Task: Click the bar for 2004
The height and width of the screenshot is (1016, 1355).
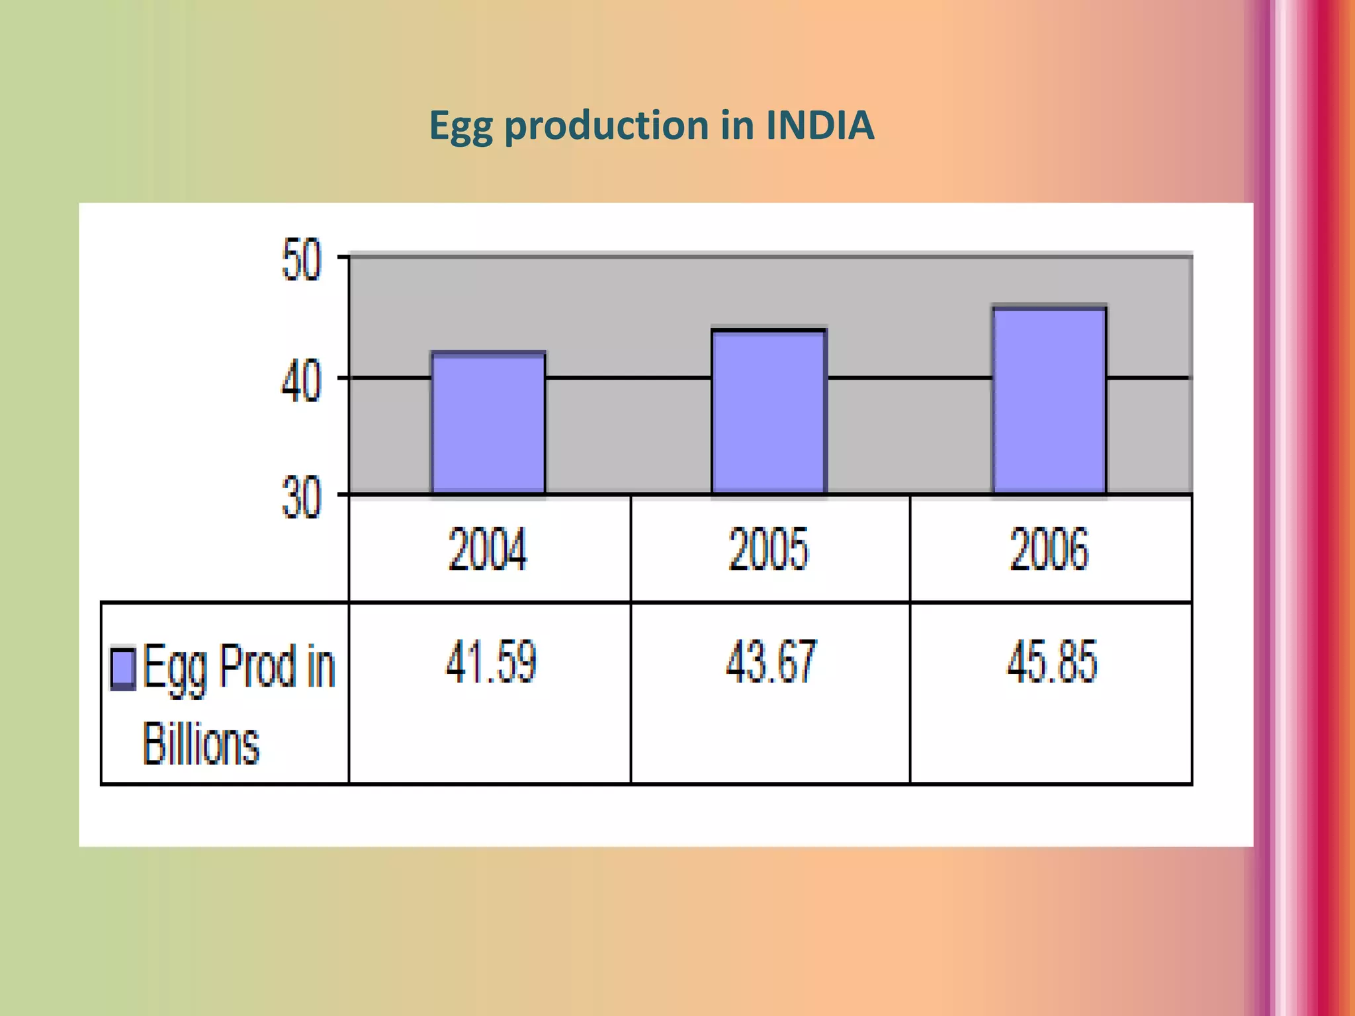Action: coord(488,423)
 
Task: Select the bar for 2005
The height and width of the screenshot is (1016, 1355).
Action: coord(769,411)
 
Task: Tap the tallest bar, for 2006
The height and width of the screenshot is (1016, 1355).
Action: coord(1049,400)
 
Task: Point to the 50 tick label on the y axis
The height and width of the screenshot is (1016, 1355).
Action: coord(301,261)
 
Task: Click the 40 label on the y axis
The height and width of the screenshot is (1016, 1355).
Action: coord(301,382)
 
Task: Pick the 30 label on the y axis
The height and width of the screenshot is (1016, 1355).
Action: coord(301,498)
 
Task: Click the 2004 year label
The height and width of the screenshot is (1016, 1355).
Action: coord(488,549)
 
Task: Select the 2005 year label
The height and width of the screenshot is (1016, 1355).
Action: coord(769,549)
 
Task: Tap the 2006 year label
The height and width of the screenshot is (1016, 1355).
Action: coord(1049,549)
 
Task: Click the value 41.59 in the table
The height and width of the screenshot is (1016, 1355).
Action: coord(490,662)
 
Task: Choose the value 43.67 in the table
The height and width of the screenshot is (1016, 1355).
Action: coord(771,662)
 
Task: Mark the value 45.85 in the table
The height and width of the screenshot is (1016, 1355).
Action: coord(1052,662)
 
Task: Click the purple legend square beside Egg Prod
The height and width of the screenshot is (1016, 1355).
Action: coord(123,668)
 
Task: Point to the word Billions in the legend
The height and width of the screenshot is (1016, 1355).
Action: coord(200,744)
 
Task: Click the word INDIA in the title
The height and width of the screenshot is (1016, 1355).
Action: coord(820,125)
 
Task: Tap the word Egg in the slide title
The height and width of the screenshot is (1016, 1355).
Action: coord(461,126)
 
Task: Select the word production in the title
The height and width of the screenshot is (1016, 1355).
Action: coord(607,126)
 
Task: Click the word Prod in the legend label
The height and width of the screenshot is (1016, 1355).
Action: coord(258,667)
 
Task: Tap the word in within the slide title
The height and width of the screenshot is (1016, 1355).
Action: coord(737,125)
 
